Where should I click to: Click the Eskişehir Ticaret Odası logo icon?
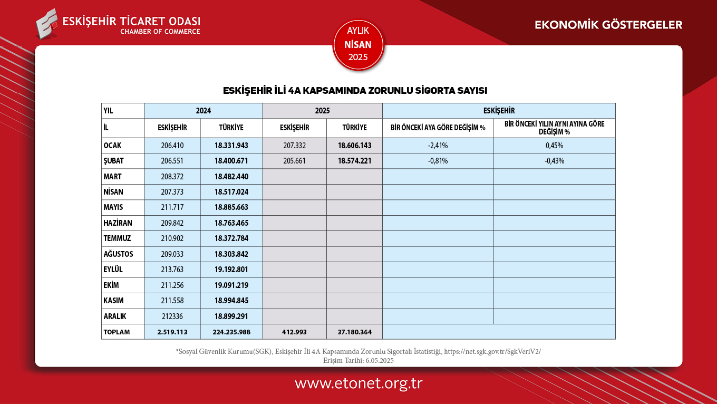[47, 24]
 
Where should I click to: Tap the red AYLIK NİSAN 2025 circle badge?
[358, 45]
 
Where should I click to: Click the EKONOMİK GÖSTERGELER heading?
[608, 25]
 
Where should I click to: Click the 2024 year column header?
[204, 111]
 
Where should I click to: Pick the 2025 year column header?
[322, 111]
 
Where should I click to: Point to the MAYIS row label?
[113, 207]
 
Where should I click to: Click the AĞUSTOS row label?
[118, 254]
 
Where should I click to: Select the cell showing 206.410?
[172, 146]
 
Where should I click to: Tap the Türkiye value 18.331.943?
[231, 146]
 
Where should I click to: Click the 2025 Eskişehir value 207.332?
[294, 146]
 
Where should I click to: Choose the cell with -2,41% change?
[438, 146]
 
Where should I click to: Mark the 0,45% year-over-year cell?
[554, 146]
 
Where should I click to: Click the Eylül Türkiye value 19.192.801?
[231, 270]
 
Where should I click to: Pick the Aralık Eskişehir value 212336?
[172, 316]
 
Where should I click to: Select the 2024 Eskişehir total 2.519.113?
[172, 332]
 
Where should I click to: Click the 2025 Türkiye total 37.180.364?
[354, 332]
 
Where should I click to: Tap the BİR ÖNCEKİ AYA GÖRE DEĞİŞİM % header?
[438, 128]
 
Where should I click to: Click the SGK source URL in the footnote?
[492, 351]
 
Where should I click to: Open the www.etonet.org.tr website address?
[358, 383]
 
